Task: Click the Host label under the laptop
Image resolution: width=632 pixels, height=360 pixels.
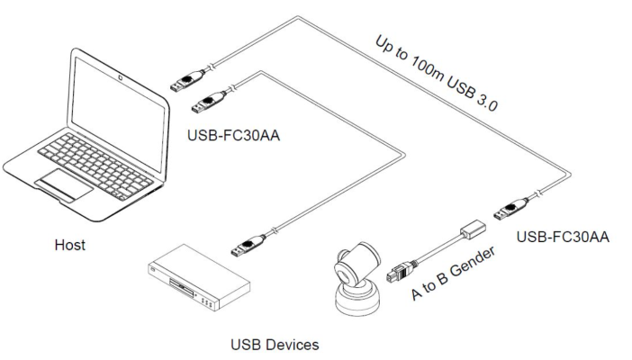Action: (69, 245)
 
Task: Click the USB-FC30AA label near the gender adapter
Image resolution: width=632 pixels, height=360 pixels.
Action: (564, 238)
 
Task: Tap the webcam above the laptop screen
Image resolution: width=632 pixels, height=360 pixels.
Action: (120, 71)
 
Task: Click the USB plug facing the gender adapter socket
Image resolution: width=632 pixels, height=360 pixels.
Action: (510, 211)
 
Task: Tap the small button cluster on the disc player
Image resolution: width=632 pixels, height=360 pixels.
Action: (207, 301)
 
